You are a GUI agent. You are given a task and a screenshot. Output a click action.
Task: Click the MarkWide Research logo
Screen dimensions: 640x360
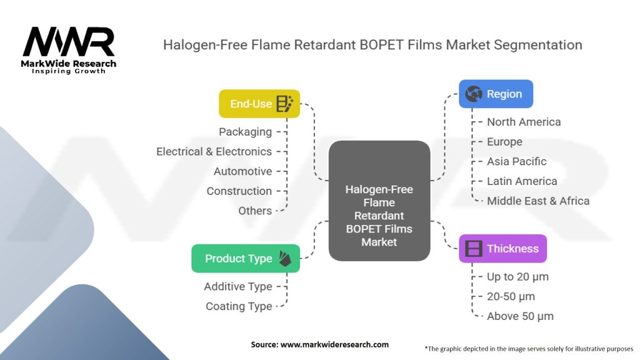click(69, 50)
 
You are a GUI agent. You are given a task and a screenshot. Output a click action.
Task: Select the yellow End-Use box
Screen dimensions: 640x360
click(259, 104)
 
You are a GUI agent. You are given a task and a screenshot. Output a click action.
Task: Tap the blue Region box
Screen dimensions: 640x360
click(496, 94)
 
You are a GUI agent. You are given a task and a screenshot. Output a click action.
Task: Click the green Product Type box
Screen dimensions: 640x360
click(246, 258)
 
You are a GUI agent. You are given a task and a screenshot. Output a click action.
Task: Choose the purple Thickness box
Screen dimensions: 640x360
click(502, 248)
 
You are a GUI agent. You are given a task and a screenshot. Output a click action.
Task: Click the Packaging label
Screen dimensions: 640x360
click(245, 132)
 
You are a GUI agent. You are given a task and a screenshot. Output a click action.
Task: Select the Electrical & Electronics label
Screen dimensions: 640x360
click(214, 151)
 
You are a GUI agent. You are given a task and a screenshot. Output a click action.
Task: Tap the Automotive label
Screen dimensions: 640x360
click(242, 171)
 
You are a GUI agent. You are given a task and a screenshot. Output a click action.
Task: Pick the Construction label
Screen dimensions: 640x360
click(239, 191)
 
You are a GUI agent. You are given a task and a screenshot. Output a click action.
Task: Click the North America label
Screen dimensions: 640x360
click(524, 122)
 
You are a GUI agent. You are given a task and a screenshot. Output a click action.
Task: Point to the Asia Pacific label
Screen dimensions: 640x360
click(516, 161)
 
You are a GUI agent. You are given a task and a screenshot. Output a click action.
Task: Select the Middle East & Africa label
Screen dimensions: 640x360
click(537, 201)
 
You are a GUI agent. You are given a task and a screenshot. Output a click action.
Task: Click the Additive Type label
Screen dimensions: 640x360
click(237, 286)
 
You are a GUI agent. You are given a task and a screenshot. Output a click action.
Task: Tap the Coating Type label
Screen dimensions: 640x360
click(239, 306)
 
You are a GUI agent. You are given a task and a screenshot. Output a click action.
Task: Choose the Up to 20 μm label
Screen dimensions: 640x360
click(517, 276)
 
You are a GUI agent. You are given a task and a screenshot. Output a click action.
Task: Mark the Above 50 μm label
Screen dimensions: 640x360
click(520, 316)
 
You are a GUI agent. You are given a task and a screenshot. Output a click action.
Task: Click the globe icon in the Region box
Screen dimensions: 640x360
click(474, 94)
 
